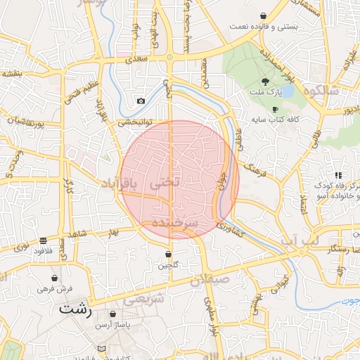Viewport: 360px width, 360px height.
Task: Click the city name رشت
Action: click(76, 309)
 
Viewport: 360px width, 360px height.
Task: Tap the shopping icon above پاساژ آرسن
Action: click(112, 314)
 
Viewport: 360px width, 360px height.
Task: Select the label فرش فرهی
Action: click(51, 289)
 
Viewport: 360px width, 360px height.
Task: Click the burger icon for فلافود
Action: click(44, 240)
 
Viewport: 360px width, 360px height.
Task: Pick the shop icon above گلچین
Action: click(169, 254)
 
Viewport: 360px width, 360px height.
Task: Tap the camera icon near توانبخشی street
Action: click(141, 101)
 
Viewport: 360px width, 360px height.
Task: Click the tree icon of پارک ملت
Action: click(264, 82)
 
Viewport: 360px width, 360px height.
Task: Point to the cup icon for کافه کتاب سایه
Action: click(275, 109)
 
